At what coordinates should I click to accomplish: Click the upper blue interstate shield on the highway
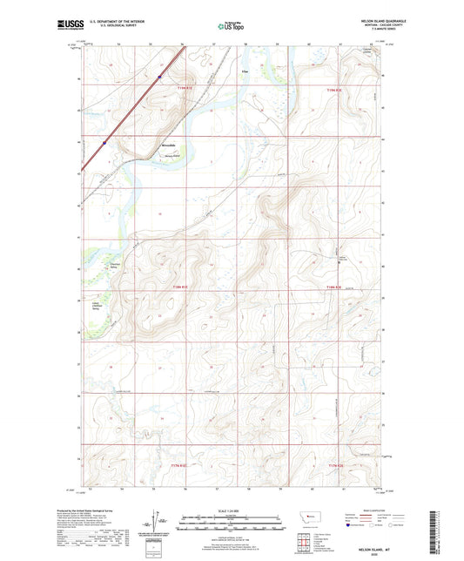(160, 77)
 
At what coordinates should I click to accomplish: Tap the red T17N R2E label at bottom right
(336, 467)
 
